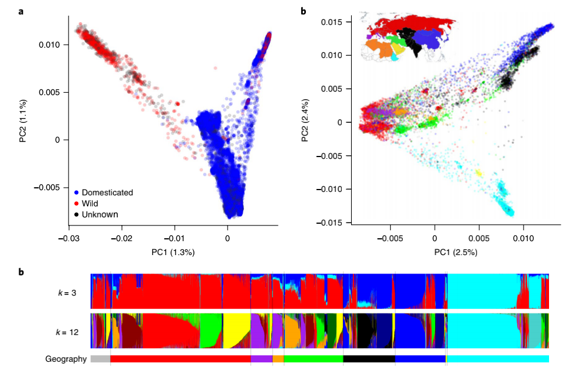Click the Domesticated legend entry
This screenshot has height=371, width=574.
107,192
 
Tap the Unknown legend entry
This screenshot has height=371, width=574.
99,214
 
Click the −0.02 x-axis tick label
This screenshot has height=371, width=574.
122,237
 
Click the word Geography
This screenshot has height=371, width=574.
66,359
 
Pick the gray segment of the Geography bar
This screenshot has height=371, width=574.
100,359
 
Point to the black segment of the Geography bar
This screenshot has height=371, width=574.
369,359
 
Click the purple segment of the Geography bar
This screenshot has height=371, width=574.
261,359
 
